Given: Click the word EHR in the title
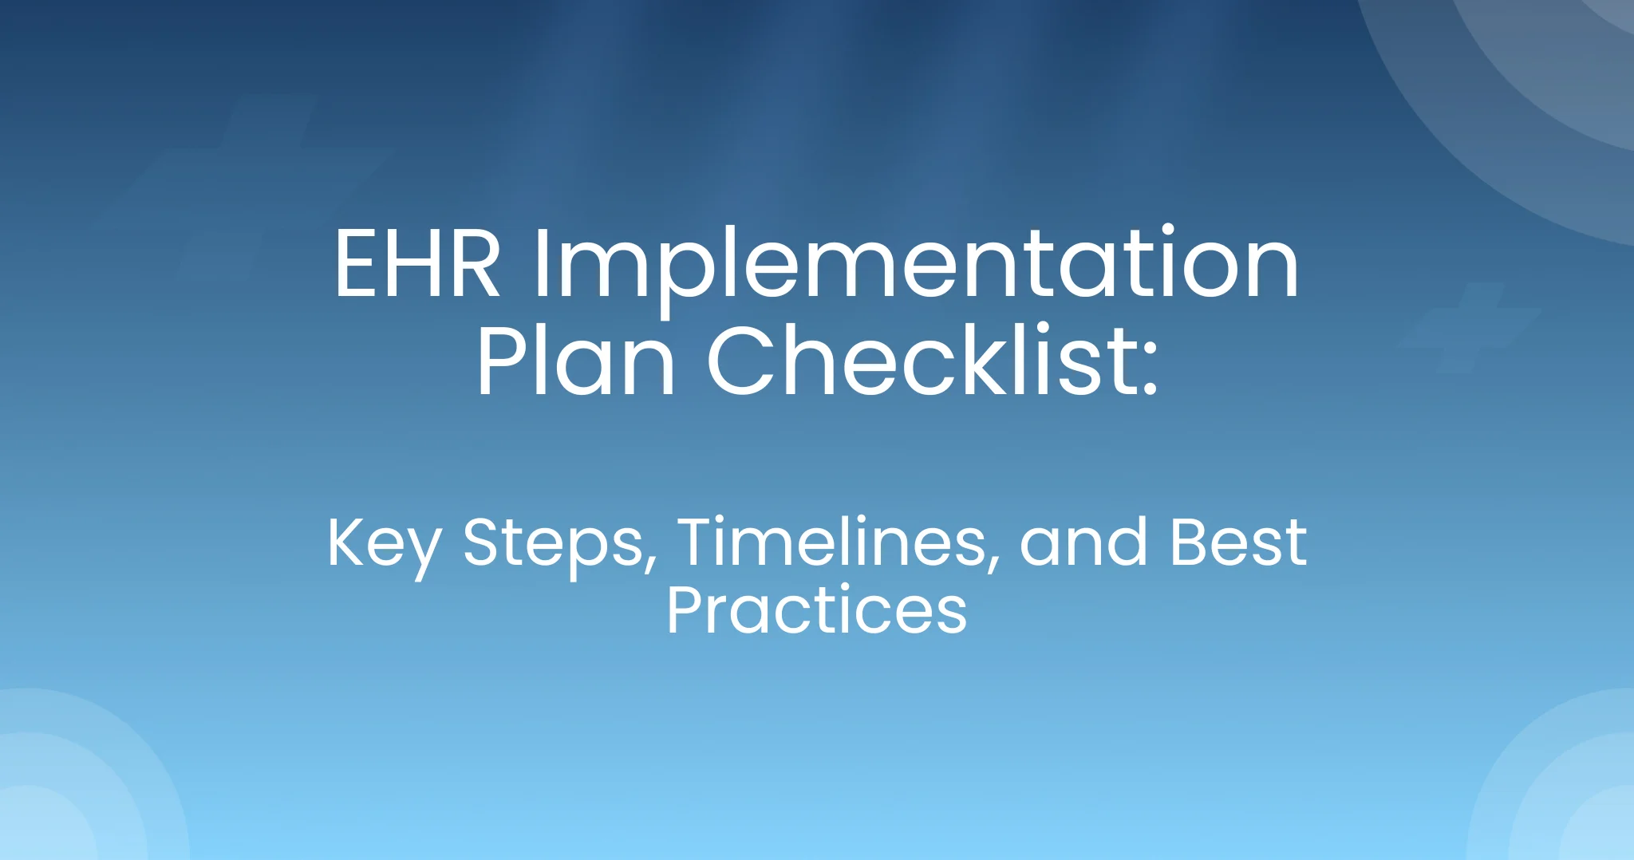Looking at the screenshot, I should pyautogui.click(x=417, y=264).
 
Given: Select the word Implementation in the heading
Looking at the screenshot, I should pyautogui.click(x=915, y=264).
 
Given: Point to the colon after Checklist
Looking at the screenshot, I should pyautogui.click(x=1148, y=371).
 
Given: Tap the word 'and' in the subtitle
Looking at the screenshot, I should pyautogui.click(x=1083, y=542).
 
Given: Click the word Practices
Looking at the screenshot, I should pyautogui.click(x=816, y=611).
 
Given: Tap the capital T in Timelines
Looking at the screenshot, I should pyautogui.click(x=701, y=542).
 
